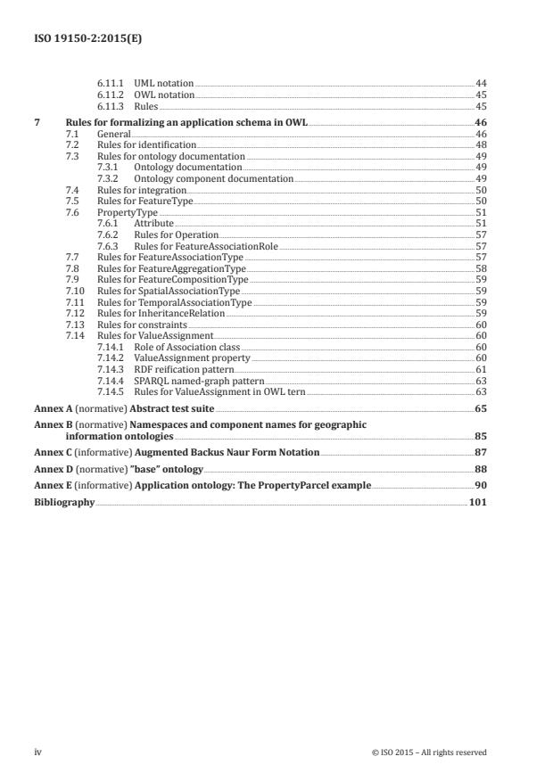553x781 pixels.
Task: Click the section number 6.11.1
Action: [109, 83]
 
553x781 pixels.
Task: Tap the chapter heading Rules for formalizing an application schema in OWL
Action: [186, 122]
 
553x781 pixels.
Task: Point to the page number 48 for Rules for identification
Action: [480, 144]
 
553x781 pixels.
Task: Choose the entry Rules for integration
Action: [141, 190]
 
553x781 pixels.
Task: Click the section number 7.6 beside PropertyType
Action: [73, 212]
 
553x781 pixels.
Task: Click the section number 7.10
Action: [75, 291]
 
